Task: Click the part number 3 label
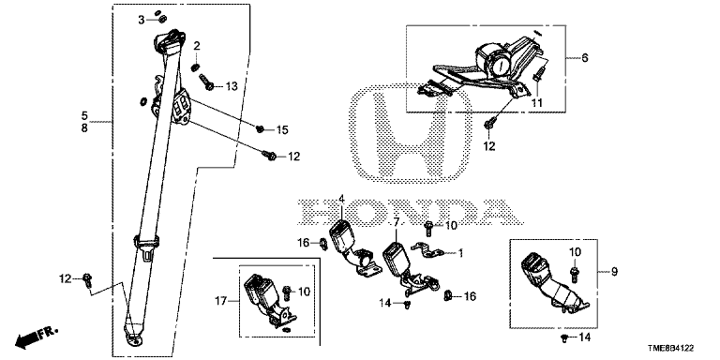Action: [142, 20]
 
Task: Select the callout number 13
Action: [232, 86]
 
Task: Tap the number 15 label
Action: [282, 130]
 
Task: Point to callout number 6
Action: [585, 58]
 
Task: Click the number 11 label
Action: [537, 103]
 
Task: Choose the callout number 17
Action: [222, 301]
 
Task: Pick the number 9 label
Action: [614, 272]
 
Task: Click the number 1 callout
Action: [460, 252]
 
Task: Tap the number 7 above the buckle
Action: [396, 222]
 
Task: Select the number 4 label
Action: [341, 199]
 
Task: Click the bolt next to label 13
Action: [206, 82]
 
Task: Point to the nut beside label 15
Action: [260, 129]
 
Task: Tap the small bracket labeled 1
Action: [427, 250]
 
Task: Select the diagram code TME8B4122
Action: [674, 350]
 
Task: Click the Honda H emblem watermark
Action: [411, 134]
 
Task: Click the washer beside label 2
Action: [195, 67]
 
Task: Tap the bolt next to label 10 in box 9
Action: [574, 274]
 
